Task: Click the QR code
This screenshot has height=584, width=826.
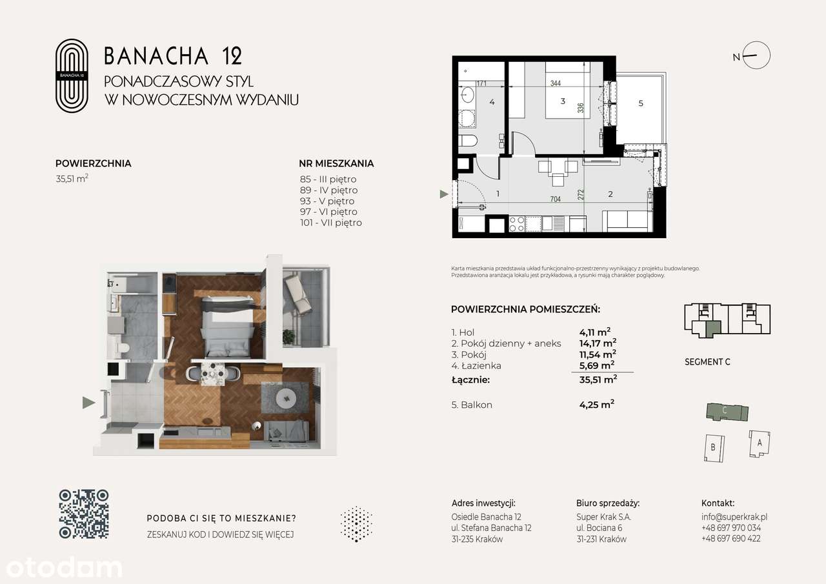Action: point(84,514)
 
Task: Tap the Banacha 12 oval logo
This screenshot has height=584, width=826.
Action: point(71,76)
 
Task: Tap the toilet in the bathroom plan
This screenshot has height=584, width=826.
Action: point(467,141)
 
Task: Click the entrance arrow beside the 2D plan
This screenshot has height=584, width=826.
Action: point(443,193)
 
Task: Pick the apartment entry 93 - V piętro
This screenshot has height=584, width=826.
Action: point(327,201)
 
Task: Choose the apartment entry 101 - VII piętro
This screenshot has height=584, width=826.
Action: point(330,223)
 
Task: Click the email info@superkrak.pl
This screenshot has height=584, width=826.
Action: point(734,517)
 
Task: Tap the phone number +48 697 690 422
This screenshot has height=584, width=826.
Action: point(730,538)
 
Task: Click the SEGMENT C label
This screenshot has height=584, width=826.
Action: point(707,362)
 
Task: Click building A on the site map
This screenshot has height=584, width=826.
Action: point(760,443)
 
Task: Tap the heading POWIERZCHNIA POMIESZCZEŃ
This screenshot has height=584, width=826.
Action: point(525,310)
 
